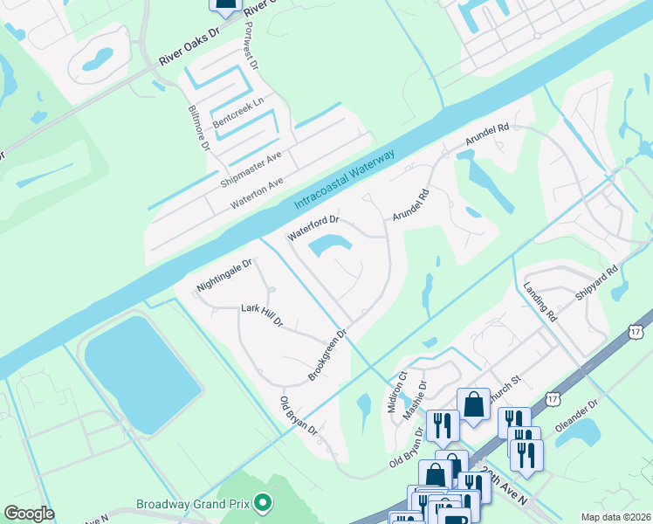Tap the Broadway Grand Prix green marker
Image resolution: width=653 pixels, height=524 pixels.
coord(260,503)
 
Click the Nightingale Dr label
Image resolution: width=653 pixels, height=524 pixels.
coord(224,274)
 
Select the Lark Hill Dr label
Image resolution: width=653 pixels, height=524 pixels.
coord(262,315)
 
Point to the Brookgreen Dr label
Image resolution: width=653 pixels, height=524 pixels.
coord(328,355)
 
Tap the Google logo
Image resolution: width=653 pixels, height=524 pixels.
coord(29,514)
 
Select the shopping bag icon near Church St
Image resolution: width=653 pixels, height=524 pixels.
coord(473,404)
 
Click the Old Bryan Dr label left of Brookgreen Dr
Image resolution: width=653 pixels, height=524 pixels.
coord(298,417)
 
